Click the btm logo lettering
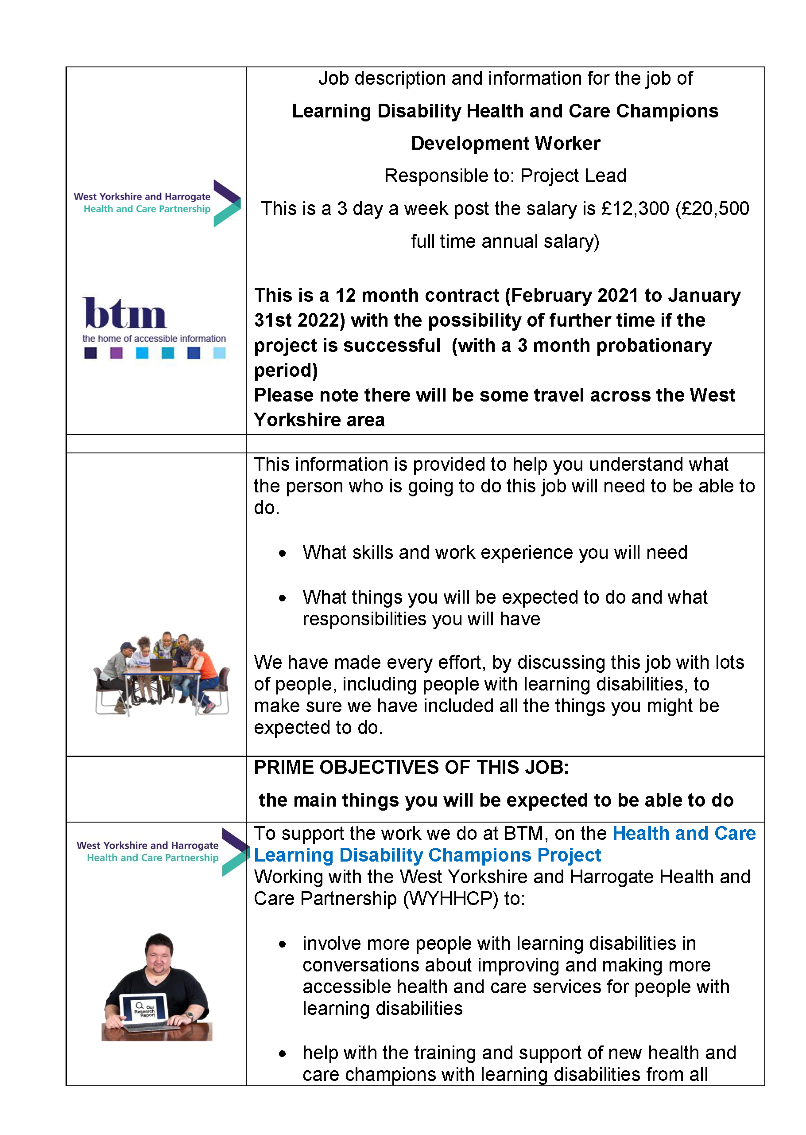click(x=124, y=313)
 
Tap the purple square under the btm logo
click(x=116, y=353)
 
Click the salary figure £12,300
click(x=635, y=209)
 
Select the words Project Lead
click(x=573, y=176)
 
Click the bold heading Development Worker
click(x=505, y=144)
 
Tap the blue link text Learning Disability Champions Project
click(x=427, y=855)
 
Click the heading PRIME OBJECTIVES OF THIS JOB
click(x=411, y=768)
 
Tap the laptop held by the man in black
click(x=144, y=1011)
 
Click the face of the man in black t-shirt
click(x=159, y=953)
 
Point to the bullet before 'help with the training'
click(x=283, y=1053)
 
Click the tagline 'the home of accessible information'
click(x=154, y=339)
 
